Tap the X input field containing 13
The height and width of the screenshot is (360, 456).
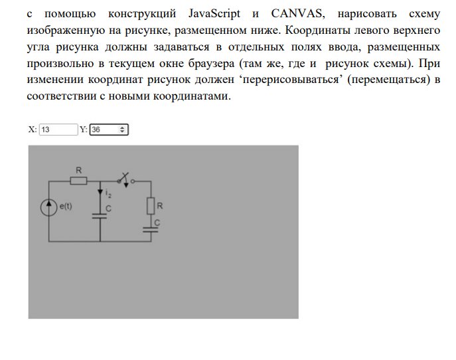click(58, 130)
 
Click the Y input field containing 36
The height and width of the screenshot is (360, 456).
click(104, 130)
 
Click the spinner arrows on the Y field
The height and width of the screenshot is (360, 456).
click(123, 130)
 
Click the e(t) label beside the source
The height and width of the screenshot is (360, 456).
click(66, 207)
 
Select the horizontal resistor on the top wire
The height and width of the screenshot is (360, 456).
click(79, 181)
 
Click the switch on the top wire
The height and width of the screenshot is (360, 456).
click(125, 179)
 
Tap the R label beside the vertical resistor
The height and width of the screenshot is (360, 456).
click(159, 207)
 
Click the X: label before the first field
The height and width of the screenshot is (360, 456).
click(32, 130)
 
